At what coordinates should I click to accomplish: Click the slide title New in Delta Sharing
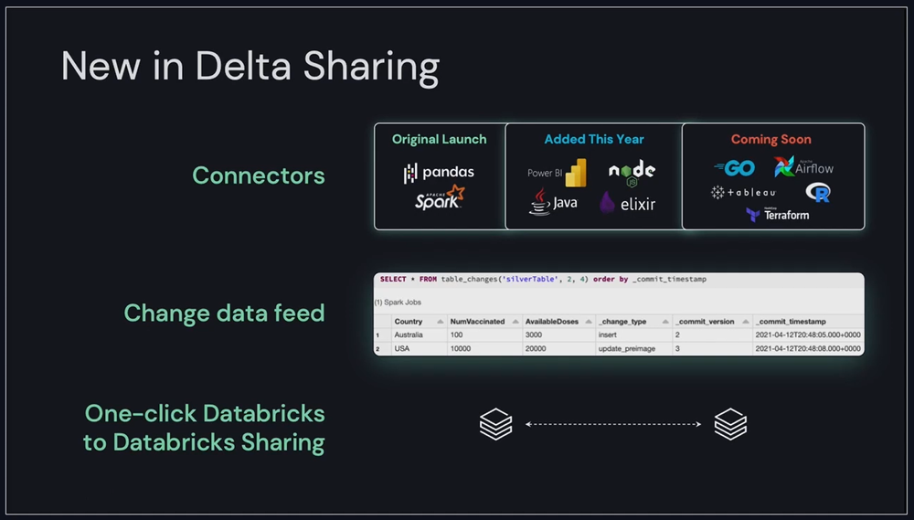pos(250,69)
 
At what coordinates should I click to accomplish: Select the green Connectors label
pos(259,175)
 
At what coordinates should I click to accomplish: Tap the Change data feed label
pos(224,313)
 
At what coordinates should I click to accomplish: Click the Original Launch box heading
pos(440,140)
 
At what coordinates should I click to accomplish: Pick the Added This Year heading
pos(594,140)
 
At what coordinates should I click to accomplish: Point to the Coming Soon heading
pos(771,140)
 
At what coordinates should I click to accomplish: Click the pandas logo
pos(439,172)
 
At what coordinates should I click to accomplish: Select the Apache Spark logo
pos(440,198)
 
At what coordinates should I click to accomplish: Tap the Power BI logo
pos(557,173)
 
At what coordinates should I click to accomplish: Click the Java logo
pos(553,202)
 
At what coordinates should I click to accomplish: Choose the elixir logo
pos(628,203)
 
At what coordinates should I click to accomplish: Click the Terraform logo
pos(777,215)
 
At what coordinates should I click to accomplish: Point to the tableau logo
pos(743,193)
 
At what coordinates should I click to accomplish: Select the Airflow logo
pos(803,168)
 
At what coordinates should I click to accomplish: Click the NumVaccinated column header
pos(478,322)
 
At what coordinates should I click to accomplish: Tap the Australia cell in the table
pos(409,335)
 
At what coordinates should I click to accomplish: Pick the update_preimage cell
pos(627,349)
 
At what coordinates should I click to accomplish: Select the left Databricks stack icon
pos(495,424)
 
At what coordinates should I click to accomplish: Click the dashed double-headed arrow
pos(612,424)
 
